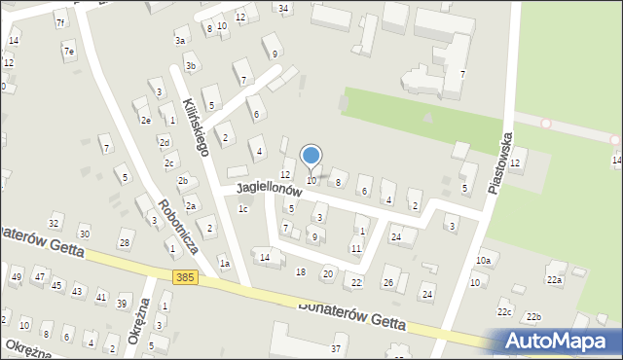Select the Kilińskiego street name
pyautogui.click(x=195, y=126)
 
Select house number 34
pyautogui.click(x=283, y=9)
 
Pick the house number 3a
pyautogui.click(x=180, y=41)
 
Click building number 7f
pyautogui.click(x=60, y=22)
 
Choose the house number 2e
pyautogui.click(x=145, y=121)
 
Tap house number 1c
pyautogui.click(x=243, y=209)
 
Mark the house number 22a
pyautogui.click(x=554, y=280)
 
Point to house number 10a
pyautogui.click(x=484, y=261)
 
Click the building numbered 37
pyautogui.click(x=336, y=348)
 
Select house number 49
pyautogui.click(x=16, y=277)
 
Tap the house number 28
pyautogui.click(x=124, y=242)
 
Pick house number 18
pyautogui.click(x=301, y=271)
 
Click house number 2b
pyautogui.click(x=182, y=181)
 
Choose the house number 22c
pyautogui.click(x=504, y=312)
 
